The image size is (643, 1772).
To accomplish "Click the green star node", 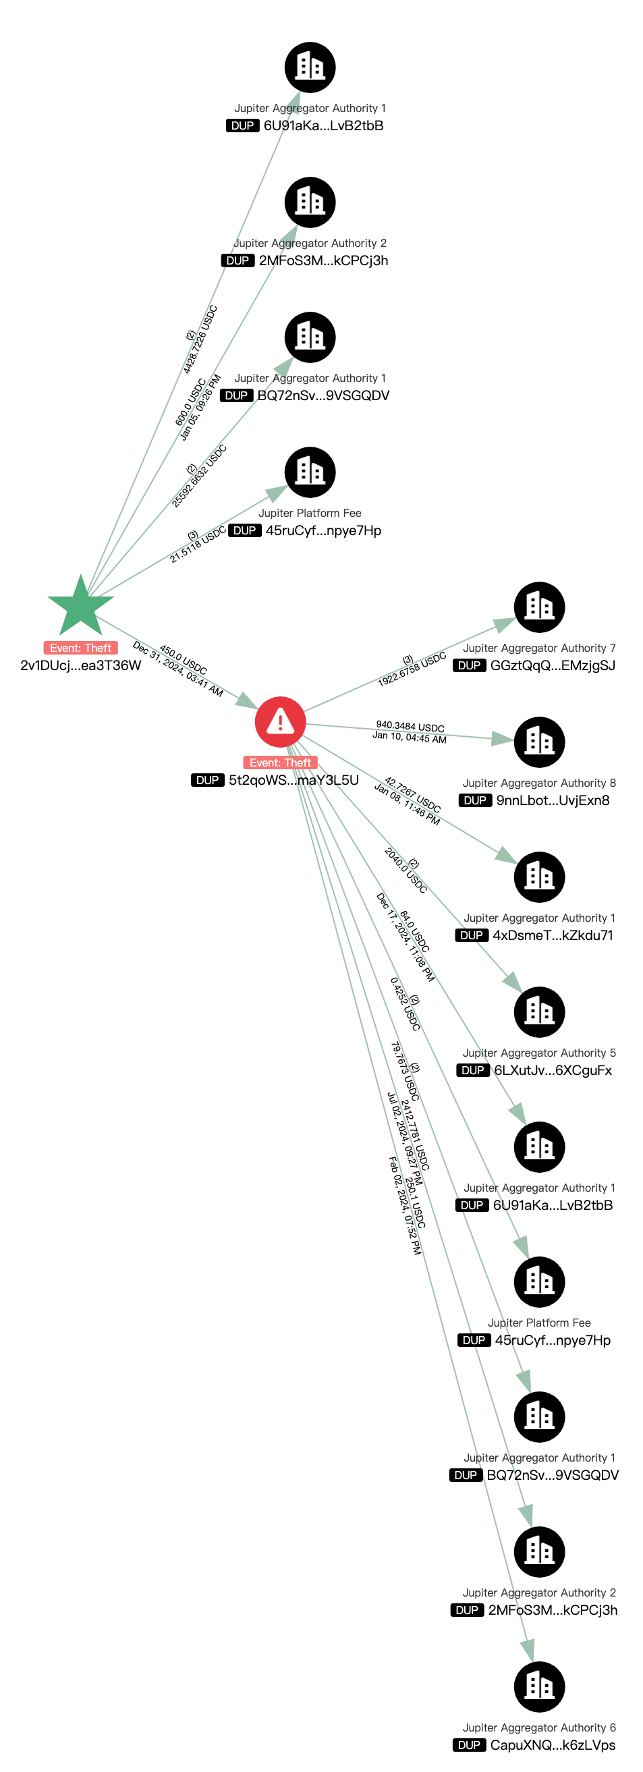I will pyautogui.click(x=80, y=606).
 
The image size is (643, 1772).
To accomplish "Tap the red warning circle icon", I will pyautogui.click(x=280, y=721).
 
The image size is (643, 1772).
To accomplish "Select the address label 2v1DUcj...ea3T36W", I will pyautogui.click(x=80, y=665).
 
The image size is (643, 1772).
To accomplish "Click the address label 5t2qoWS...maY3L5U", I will pyautogui.click(x=293, y=780).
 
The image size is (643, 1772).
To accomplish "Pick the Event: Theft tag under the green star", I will pyautogui.click(x=80, y=648).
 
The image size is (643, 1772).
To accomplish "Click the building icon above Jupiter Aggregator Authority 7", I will pyautogui.click(x=539, y=607).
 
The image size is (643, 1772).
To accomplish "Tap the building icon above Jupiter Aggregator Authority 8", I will pyautogui.click(x=539, y=742).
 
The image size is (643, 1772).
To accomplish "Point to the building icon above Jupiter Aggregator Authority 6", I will pyautogui.click(x=539, y=1686).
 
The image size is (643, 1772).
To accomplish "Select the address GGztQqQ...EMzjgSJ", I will pyautogui.click(x=552, y=665).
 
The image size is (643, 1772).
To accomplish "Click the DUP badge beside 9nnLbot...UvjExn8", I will pyautogui.click(x=475, y=800).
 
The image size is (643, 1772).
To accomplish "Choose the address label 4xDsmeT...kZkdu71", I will pyautogui.click(x=552, y=935).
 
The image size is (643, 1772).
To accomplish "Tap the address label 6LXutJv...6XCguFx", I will pyautogui.click(x=552, y=1070).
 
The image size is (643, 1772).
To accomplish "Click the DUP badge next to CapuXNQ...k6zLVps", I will pyautogui.click(x=469, y=1744).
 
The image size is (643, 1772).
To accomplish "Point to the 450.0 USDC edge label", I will pyautogui.click(x=183, y=660).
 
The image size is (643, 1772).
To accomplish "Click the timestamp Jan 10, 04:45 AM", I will pyautogui.click(x=409, y=738).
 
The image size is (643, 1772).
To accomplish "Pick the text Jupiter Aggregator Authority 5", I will pyautogui.click(x=539, y=1053).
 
